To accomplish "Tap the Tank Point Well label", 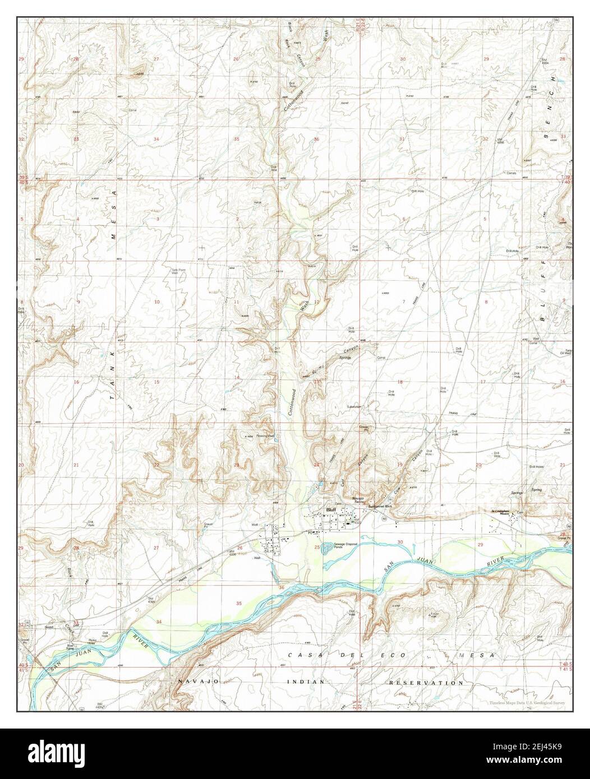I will click(178, 272).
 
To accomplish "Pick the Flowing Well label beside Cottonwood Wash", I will click(265, 435).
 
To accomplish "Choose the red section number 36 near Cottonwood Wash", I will click(316, 139).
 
